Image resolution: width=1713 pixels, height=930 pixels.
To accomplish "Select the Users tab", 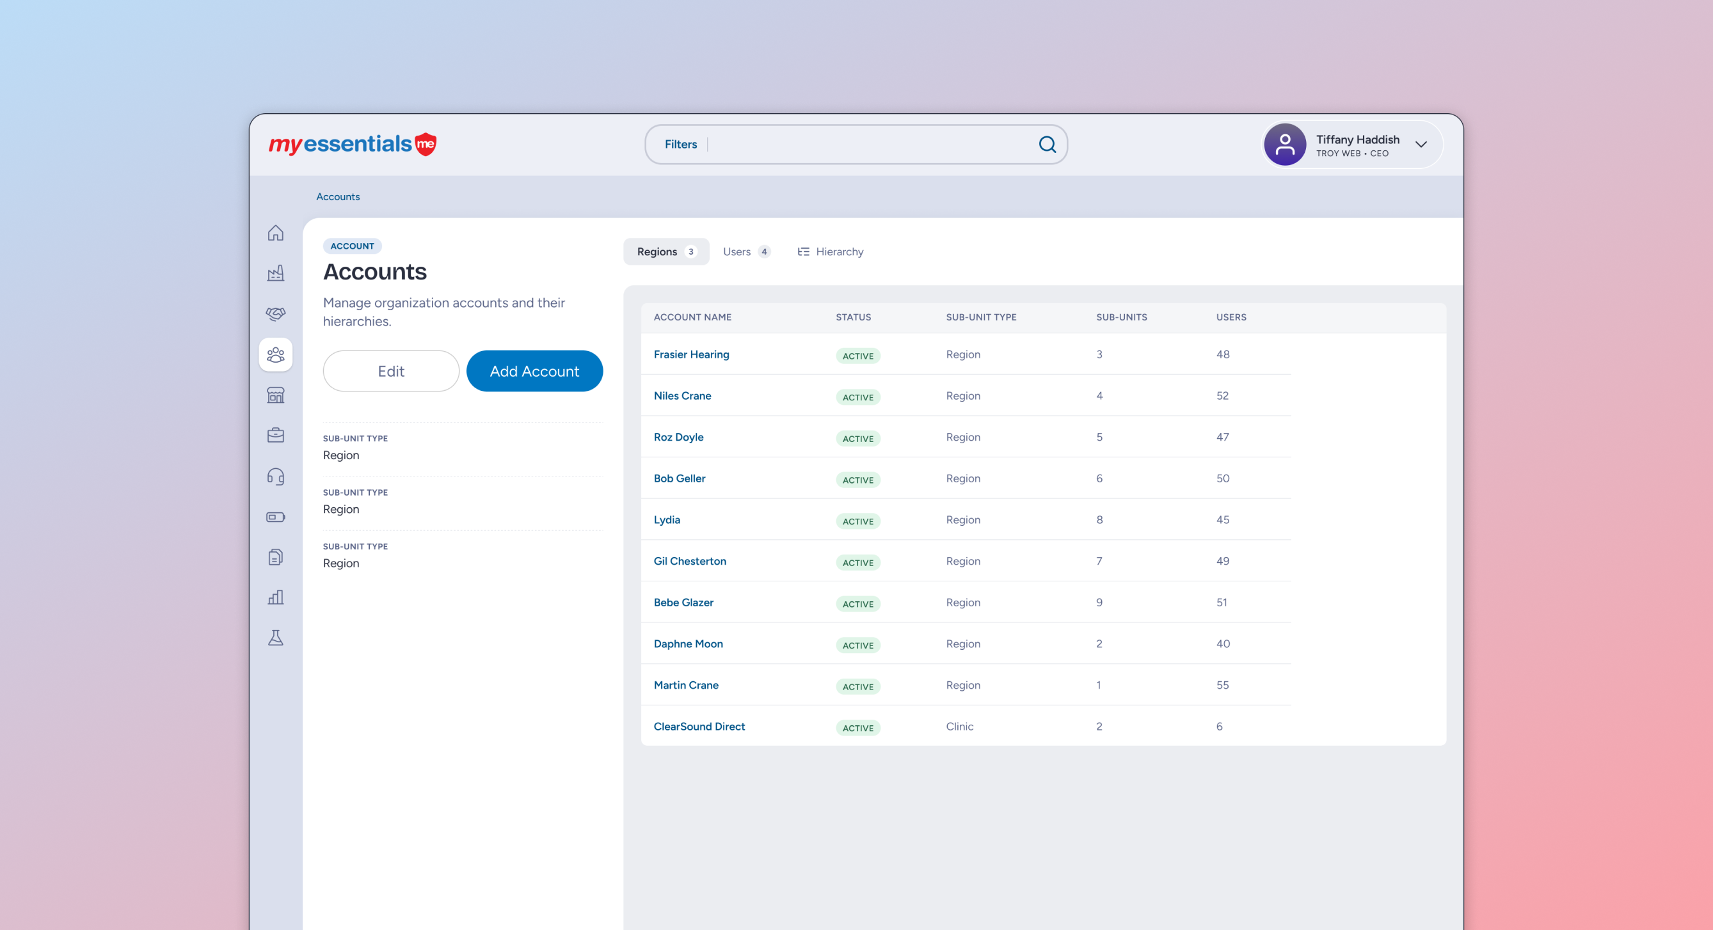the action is (x=746, y=252).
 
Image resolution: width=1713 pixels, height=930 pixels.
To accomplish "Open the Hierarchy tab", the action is (x=830, y=252).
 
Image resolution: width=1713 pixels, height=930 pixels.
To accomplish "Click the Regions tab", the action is (x=665, y=252).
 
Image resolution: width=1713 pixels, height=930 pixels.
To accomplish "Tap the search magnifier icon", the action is (x=1048, y=145).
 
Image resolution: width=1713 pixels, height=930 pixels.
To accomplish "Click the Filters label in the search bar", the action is (x=680, y=145).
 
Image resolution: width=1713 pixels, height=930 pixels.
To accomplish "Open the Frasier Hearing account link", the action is (x=691, y=354).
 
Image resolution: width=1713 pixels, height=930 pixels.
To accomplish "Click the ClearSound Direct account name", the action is (x=699, y=727).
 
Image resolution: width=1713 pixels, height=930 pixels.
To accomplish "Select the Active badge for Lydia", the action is (x=858, y=521).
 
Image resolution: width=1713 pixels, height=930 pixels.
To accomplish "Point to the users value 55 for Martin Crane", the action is (x=1222, y=686).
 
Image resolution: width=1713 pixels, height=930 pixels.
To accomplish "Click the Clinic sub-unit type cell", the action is (x=959, y=727).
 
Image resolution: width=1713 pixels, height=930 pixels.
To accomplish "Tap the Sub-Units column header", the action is (x=1121, y=317).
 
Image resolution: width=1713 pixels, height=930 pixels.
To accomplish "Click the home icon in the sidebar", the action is (x=275, y=233).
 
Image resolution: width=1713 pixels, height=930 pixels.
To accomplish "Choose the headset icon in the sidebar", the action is (x=275, y=477).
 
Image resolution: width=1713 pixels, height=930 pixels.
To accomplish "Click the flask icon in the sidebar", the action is (x=275, y=638).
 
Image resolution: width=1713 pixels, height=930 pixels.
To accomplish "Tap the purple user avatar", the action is (x=1285, y=145).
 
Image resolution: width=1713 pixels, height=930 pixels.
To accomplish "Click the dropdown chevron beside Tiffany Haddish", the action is (x=1421, y=145).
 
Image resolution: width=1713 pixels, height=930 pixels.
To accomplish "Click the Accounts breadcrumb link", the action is (x=338, y=197).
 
